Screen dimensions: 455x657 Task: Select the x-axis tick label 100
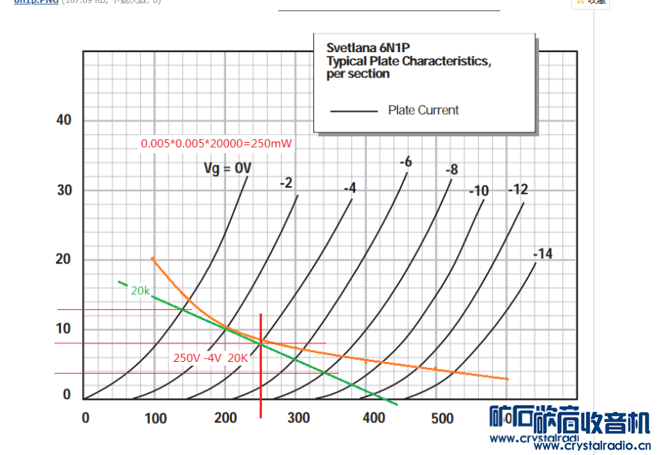coord(156,419)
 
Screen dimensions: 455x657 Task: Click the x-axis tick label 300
coord(298,419)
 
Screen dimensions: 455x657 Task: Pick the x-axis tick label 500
coord(442,419)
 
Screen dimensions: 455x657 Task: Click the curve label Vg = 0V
coord(227,168)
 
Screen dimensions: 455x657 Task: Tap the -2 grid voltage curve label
coord(286,182)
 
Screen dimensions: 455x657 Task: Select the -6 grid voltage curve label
coord(406,162)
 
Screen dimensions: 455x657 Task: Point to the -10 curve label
coord(479,191)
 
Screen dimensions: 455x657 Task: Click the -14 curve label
coord(543,255)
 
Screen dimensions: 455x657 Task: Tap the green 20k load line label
coord(140,290)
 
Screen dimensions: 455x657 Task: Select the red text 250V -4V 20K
coord(210,357)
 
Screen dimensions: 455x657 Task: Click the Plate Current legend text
coord(424,110)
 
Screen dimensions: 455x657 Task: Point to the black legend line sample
coord(354,112)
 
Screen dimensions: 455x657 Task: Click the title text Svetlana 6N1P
coord(368,48)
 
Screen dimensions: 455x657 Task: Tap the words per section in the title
coord(358,74)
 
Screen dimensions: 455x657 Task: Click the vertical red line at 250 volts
coord(261,372)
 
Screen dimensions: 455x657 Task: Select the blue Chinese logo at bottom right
coord(570,421)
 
